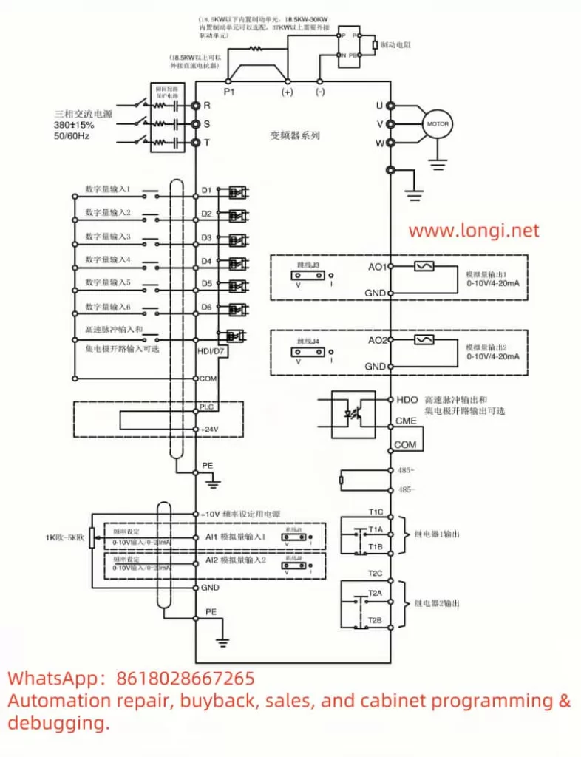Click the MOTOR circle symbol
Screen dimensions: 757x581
click(435, 124)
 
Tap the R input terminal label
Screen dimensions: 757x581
click(207, 106)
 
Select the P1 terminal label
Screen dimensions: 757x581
click(228, 92)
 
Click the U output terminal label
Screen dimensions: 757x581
click(379, 106)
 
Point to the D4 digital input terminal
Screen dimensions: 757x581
click(207, 261)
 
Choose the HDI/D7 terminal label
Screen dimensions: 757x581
click(212, 351)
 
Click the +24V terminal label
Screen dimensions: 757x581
click(211, 429)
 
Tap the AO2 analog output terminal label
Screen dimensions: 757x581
click(377, 340)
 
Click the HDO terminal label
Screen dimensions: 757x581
click(407, 399)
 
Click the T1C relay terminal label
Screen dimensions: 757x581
click(376, 512)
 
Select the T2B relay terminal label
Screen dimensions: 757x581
click(375, 619)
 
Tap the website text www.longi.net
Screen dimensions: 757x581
click(474, 231)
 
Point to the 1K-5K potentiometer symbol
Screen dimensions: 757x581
click(90, 539)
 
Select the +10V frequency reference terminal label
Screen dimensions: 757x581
click(211, 514)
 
